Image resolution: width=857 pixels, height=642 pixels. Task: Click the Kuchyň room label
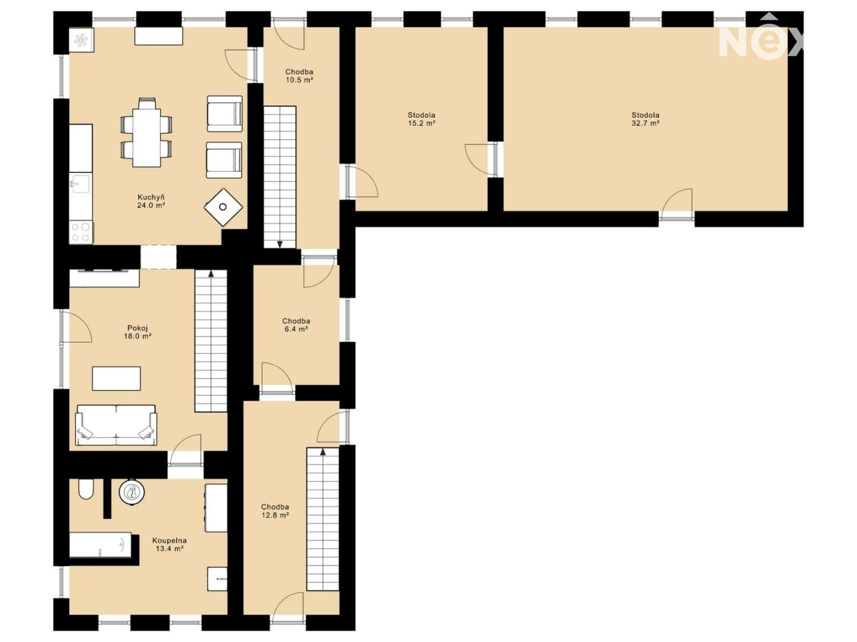coord(151,197)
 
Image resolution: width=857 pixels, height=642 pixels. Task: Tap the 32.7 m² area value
coord(645,124)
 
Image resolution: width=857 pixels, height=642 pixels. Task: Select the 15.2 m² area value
coord(421,124)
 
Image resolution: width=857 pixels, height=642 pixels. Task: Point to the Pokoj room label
coord(137,328)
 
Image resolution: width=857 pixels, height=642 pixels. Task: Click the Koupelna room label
coord(170,541)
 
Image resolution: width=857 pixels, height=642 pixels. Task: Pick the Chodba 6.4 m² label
coord(296,325)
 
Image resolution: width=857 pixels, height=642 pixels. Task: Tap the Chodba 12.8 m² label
coord(275,511)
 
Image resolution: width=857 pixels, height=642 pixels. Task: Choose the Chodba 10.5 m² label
coord(299,76)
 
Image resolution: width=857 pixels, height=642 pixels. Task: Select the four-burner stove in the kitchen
coord(81,232)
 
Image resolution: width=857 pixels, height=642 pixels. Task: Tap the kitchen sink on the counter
coord(80,183)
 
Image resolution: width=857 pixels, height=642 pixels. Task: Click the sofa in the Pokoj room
coord(116,425)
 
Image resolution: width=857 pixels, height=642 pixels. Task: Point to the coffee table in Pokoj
coord(116,378)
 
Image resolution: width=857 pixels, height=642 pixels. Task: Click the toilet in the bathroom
coord(86,490)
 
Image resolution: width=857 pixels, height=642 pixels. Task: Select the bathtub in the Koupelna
coord(101,545)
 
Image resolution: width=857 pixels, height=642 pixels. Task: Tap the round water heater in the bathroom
coord(132,492)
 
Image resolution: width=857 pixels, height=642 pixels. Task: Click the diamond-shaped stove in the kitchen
coord(223,207)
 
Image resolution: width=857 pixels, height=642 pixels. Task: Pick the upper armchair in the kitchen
coord(224,114)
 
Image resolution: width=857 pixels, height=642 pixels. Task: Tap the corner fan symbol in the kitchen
coord(82,40)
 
